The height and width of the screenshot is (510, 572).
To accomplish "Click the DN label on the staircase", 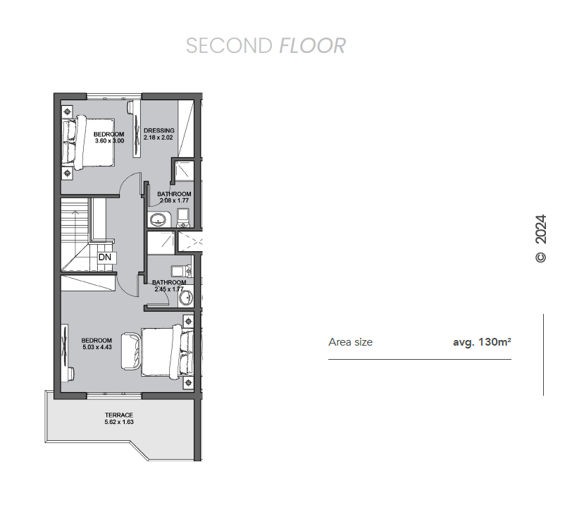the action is (x=105, y=257).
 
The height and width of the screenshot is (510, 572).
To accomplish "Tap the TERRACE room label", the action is (x=119, y=415).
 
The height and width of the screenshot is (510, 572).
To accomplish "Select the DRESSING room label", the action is (x=159, y=130).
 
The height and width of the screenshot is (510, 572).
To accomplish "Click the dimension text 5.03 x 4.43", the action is (x=97, y=347).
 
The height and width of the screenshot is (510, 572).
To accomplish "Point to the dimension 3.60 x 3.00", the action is (x=109, y=140).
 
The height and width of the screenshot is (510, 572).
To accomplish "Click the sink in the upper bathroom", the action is (x=158, y=219).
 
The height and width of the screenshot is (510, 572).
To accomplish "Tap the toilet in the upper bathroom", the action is (x=182, y=218).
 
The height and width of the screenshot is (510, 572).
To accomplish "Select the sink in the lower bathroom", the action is (x=186, y=298).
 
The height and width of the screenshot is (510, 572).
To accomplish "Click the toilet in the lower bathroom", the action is (x=181, y=271).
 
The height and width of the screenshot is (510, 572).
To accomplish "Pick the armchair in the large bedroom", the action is (x=130, y=351).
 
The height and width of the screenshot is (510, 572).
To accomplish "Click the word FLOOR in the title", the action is (x=312, y=46).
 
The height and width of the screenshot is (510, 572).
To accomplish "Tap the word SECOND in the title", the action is (x=229, y=46).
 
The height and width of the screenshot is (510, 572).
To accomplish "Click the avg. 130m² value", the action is (x=482, y=342).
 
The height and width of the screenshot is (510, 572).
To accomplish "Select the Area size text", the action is (x=350, y=342).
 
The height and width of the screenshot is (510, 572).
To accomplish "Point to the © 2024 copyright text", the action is (x=540, y=238).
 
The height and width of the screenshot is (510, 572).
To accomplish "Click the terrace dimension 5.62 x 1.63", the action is (x=119, y=422).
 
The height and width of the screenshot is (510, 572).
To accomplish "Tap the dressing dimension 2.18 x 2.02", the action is (x=158, y=138).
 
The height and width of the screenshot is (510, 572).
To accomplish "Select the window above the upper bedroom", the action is (x=114, y=97).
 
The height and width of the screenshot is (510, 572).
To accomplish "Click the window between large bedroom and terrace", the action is (x=114, y=396).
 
